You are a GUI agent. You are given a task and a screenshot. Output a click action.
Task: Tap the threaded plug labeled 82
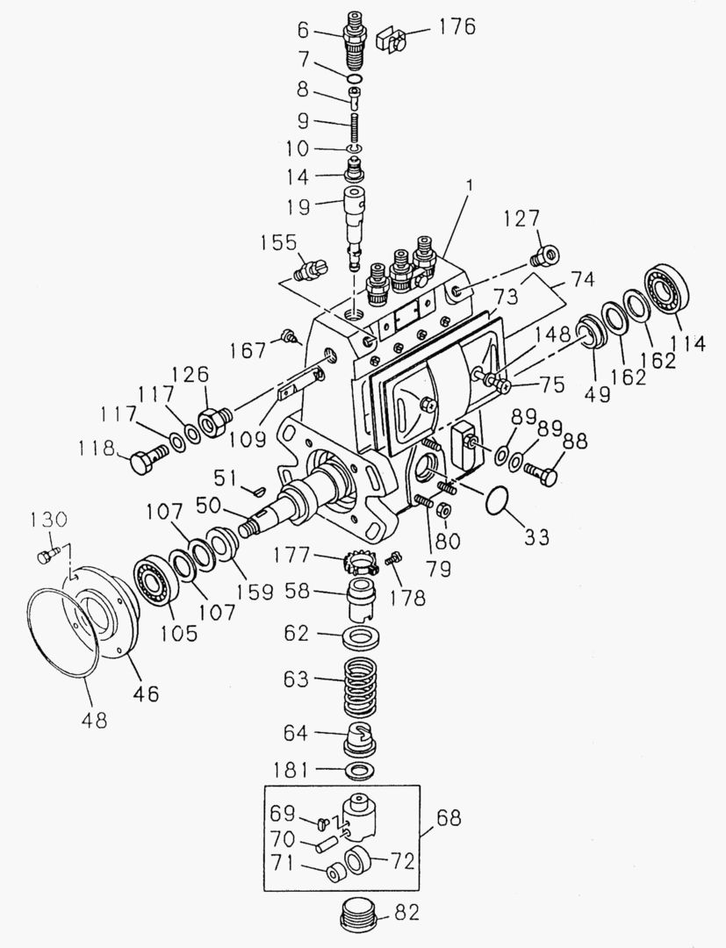(358, 918)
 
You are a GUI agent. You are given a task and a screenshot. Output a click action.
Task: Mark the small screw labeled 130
(47, 555)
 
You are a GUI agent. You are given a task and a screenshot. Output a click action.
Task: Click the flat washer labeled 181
(356, 771)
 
